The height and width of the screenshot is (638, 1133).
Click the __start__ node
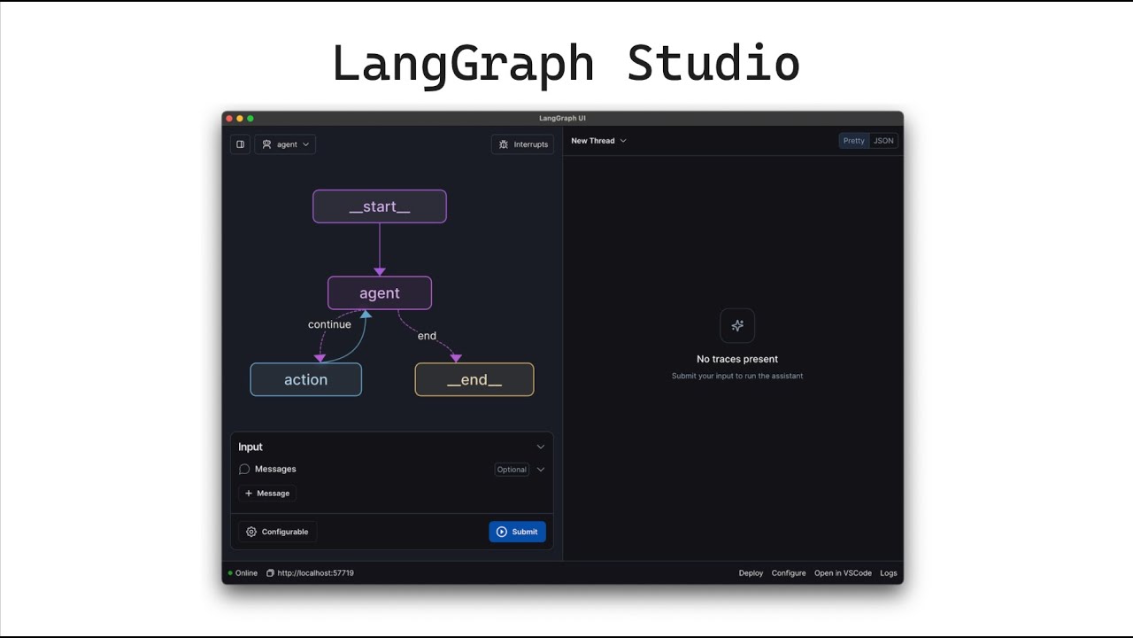pos(380,206)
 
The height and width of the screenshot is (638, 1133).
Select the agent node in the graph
pos(380,292)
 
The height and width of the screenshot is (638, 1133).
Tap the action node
pos(305,379)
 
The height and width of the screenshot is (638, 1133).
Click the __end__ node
pos(474,379)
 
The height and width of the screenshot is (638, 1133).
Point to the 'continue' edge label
pos(329,324)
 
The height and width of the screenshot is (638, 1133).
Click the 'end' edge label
pos(427,336)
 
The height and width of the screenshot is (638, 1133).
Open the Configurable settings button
pos(277,532)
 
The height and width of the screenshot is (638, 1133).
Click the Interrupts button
pos(522,144)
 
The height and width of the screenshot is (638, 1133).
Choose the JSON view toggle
pos(883,141)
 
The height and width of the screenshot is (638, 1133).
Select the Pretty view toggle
pos(854,141)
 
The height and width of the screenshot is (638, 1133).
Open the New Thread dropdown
pos(598,141)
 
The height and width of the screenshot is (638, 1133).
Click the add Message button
pos(267,494)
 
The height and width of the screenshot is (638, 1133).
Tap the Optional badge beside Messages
pos(512,470)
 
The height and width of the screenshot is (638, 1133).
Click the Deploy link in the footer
pos(751,573)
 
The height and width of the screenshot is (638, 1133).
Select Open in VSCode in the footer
pos(843,573)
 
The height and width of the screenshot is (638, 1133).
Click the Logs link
pos(888,573)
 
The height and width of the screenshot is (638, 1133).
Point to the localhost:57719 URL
pos(315,573)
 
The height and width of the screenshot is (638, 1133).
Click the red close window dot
pos(229,119)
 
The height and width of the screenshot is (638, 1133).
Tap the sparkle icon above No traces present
pos(737,325)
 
